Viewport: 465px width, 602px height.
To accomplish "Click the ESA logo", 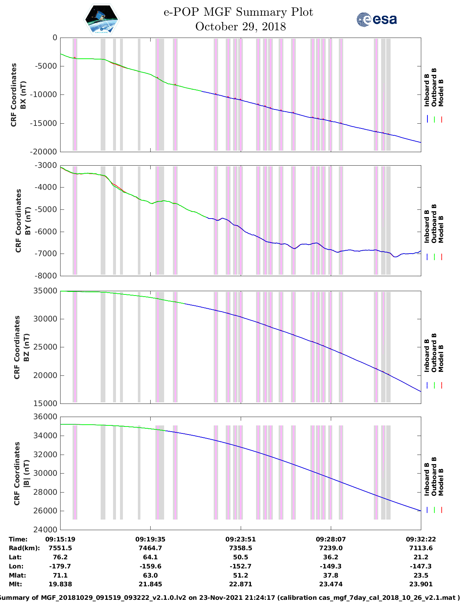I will (377, 19).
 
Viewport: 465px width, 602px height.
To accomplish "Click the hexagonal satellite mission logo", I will (102, 20).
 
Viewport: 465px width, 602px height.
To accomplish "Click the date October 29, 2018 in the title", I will (240, 27).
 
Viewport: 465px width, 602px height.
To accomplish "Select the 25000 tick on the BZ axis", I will (46, 347).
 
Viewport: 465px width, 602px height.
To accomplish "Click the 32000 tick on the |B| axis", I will (46, 455).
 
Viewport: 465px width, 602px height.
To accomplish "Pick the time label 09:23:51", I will (240, 539).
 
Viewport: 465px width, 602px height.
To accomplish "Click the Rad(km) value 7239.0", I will (331, 548).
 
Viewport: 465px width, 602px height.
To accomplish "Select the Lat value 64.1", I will (150, 557).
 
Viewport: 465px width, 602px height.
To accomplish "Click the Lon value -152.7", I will (240, 566).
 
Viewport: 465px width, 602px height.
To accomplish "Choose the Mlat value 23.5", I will (421, 575).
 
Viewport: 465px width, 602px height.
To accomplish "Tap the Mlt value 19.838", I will (60, 584).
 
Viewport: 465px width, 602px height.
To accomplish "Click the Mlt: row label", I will (15, 584).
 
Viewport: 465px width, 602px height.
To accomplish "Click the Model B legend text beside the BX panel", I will (441, 93).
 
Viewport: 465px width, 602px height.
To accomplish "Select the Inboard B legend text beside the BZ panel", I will (427, 355).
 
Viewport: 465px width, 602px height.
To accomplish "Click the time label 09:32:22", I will (421, 539).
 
